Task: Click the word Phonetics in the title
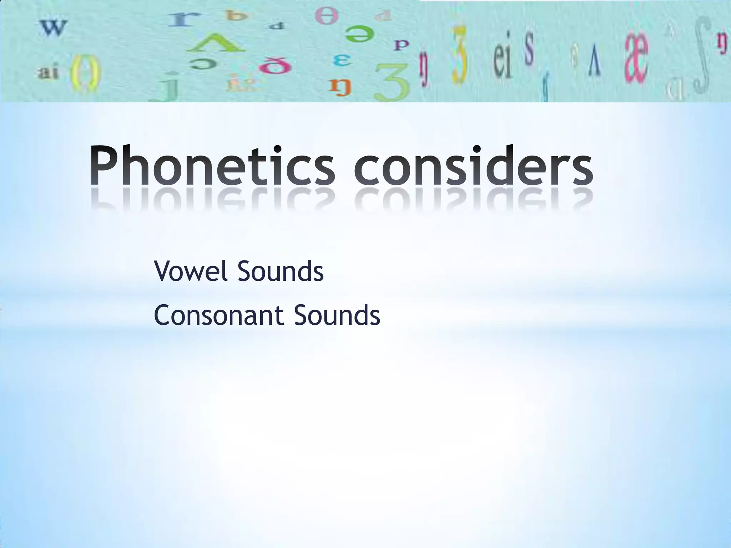[x=212, y=167]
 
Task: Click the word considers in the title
[x=474, y=167]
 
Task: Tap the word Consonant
[x=219, y=315]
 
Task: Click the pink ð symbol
[x=275, y=66]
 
